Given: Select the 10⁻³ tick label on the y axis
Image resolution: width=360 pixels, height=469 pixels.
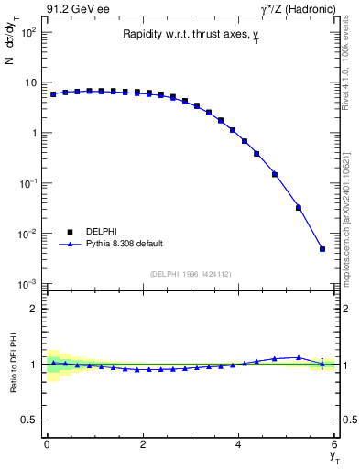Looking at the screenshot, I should tap(27, 284).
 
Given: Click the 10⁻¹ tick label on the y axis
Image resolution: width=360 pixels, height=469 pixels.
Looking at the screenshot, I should tap(27, 183).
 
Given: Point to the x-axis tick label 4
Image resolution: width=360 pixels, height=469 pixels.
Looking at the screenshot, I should tap(238, 444).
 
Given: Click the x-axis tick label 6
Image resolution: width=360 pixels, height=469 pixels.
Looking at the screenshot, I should tap(334, 444).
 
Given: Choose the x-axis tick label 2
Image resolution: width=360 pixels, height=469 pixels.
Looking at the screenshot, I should tap(142, 444).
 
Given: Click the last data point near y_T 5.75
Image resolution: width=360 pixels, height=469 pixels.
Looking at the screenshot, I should tap(322, 248).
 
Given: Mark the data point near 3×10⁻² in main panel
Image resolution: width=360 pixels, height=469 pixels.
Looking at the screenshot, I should tap(299, 207).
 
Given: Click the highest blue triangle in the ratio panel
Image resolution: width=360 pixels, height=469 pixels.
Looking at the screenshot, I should tap(299, 357).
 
